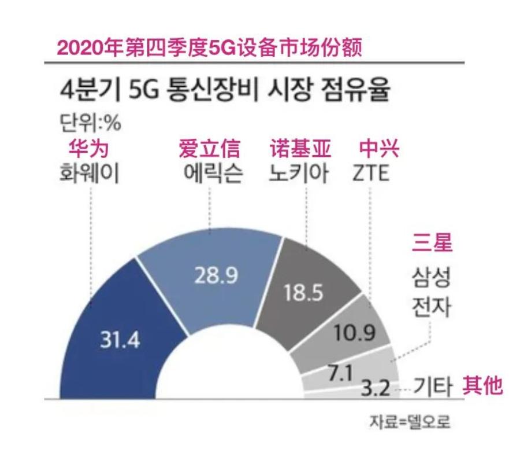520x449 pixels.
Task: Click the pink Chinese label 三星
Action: [432, 243]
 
